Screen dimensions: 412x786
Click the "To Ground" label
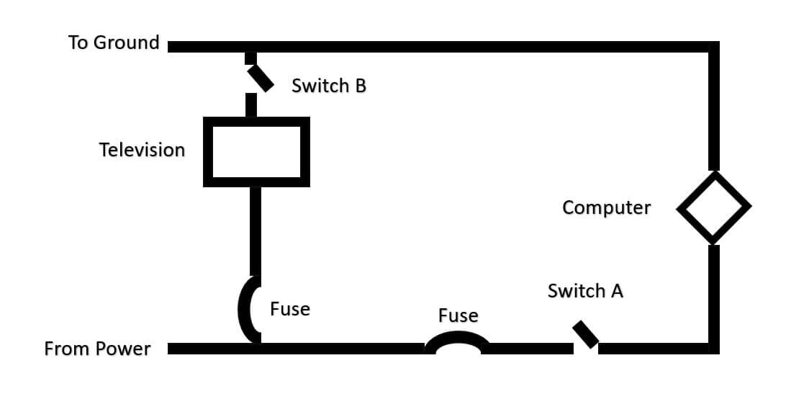(114, 42)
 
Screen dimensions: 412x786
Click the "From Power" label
(97, 349)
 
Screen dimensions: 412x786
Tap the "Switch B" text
(329, 86)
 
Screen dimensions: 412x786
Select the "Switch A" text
(585, 291)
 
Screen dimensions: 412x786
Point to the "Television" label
(142, 150)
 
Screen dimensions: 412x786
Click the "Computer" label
(606, 207)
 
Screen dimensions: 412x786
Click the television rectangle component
(256, 152)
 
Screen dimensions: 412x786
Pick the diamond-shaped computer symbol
(713, 207)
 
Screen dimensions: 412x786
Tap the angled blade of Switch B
(261, 78)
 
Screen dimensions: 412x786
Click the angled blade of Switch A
(586, 335)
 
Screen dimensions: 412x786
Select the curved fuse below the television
(247, 310)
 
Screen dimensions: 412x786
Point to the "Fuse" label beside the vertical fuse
(290, 309)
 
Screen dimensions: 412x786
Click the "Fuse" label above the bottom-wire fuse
(458, 315)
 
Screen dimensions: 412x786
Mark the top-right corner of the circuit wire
(713, 48)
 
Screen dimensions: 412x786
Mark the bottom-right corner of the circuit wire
(713, 349)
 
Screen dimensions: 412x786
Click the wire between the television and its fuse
(256, 230)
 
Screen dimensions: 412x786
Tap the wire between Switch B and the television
(251, 105)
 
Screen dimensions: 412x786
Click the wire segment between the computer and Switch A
(713, 295)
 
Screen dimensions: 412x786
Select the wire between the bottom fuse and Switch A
(529, 349)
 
